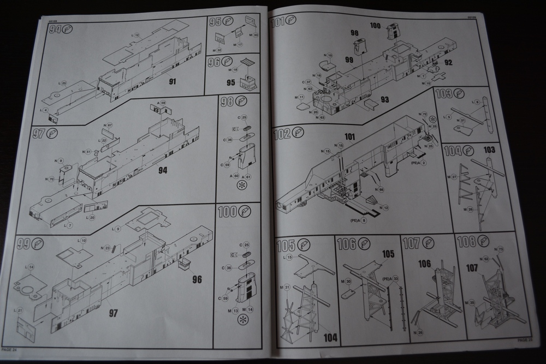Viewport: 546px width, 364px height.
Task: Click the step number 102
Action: coord(282,133)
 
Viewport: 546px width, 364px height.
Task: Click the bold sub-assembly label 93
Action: coord(384,99)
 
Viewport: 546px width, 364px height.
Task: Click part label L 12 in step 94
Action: coord(135,35)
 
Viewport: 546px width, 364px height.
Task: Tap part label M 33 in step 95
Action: coord(254,35)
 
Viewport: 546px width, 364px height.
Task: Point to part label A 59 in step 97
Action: coord(162,103)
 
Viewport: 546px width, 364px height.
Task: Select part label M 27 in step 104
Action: coord(452,177)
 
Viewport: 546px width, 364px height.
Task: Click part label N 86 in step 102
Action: coord(379,189)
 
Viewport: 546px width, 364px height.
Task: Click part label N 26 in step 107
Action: coord(418,332)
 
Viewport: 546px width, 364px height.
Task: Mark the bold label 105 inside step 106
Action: coord(388,254)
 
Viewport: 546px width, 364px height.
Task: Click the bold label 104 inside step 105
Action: coord(330,337)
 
